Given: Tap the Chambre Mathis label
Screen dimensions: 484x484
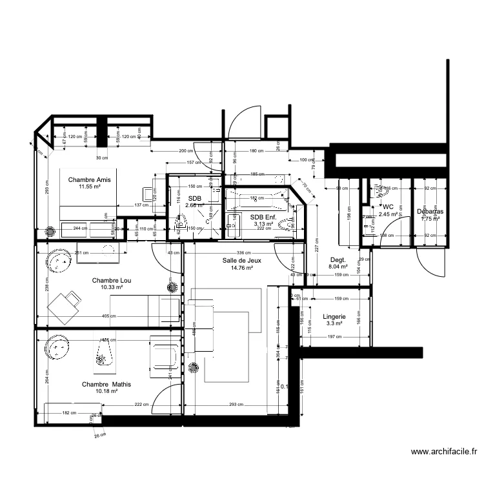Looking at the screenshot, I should point(106,385).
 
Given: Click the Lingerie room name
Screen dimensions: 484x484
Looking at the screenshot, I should point(334,318).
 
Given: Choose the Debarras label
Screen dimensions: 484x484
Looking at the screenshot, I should point(429,211).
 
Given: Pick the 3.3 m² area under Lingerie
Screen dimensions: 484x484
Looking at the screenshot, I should point(334,325).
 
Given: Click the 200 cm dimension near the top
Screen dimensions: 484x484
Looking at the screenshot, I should point(186,151).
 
